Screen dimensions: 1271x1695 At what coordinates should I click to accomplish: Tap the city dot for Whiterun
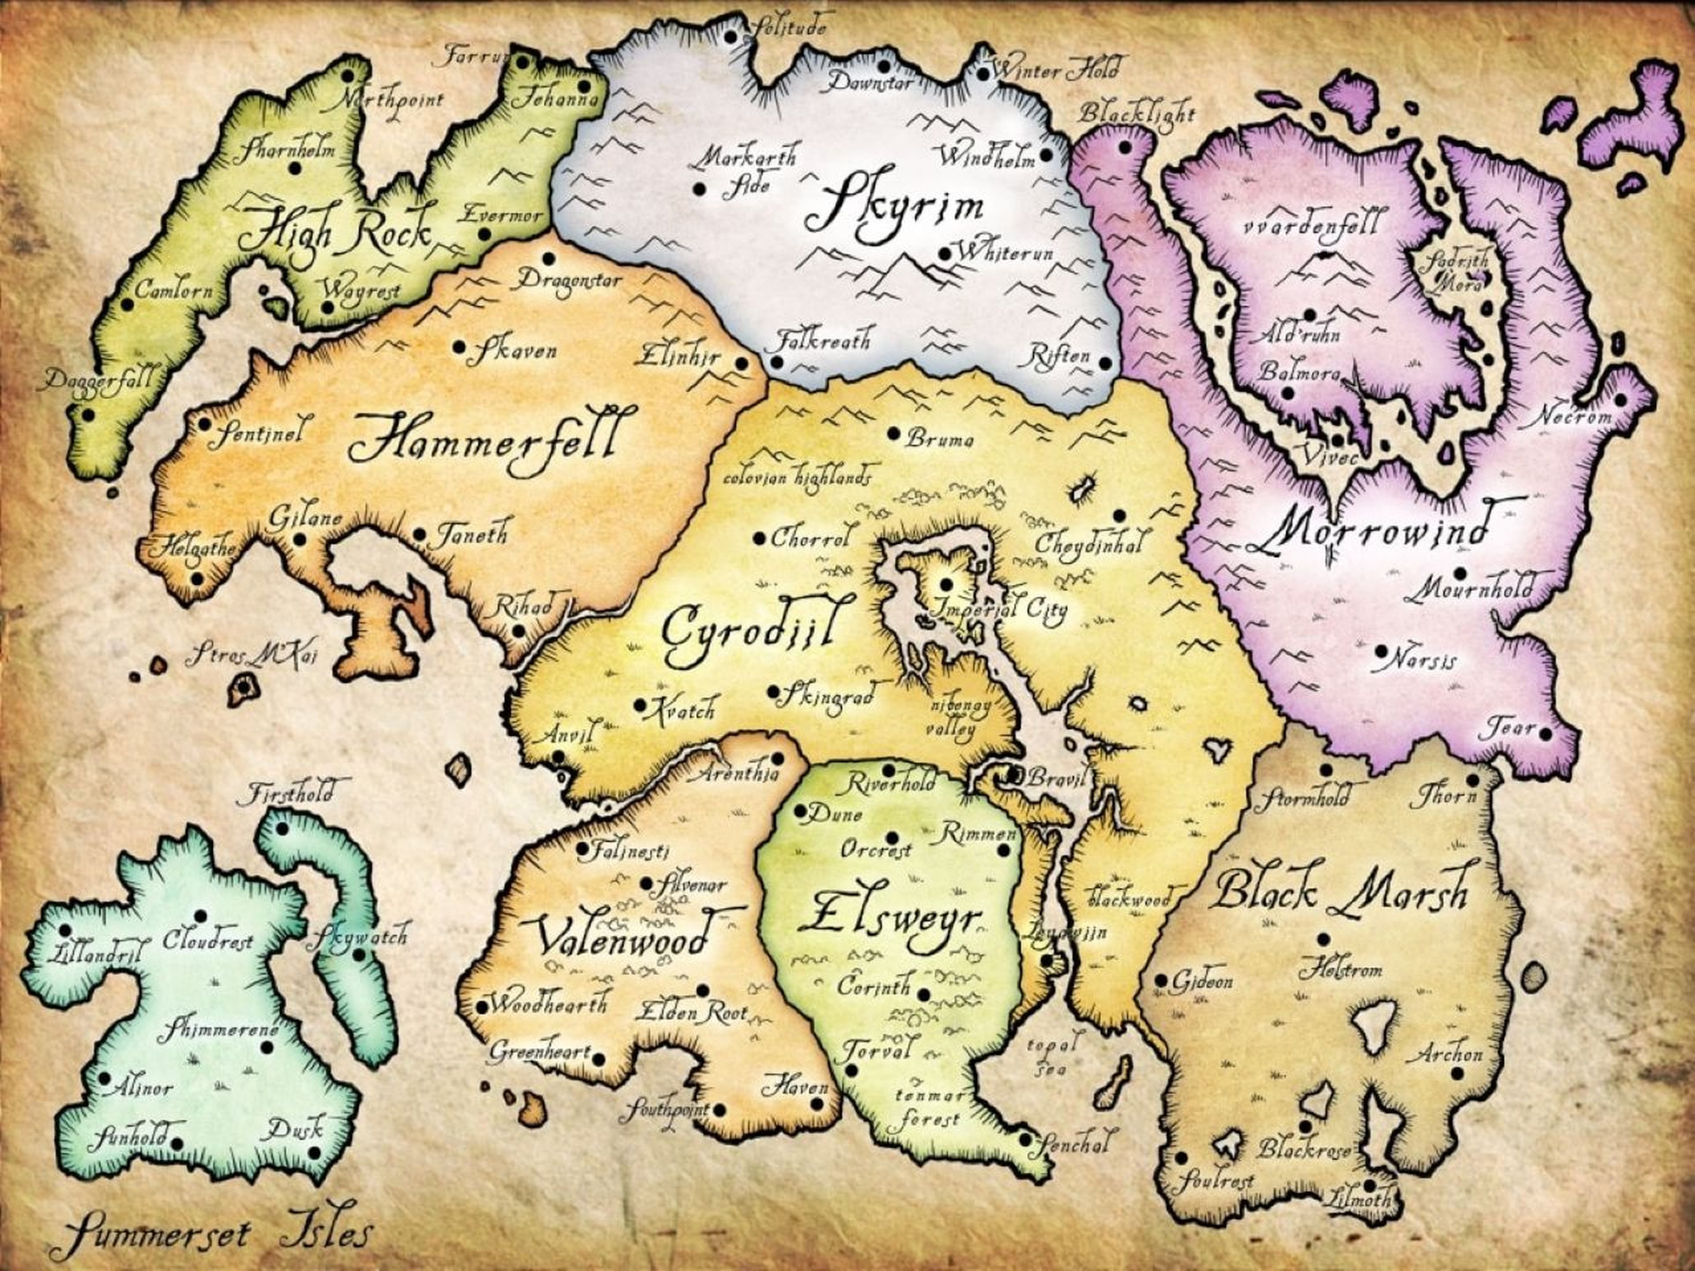tap(944, 254)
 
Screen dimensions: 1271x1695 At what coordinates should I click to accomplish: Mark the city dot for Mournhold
tap(1459, 573)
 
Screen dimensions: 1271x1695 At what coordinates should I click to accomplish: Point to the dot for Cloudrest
tap(201, 916)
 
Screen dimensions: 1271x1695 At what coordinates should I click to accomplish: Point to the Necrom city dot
tap(1621, 399)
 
